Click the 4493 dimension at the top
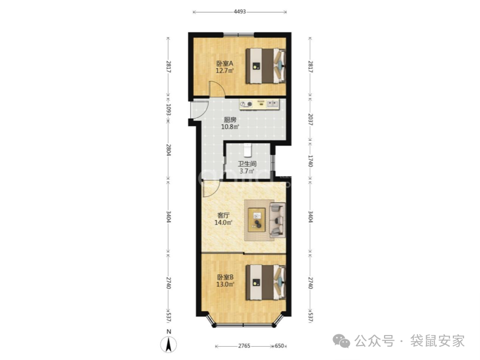coord(239,12)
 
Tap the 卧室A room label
coord(225,64)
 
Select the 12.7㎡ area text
coord(225,71)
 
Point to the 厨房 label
coord(230,119)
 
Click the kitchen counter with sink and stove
coord(259,104)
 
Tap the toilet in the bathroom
coord(247,150)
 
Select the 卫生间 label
coord(247,164)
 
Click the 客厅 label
coord(223,215)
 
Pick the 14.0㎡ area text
coord(223,222)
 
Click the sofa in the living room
coord(277,220)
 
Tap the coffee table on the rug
coord(257,220)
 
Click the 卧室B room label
coord(225,277)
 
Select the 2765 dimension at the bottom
coord(244,346)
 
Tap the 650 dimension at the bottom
coord(279,346)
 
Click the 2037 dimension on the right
coord(310,119)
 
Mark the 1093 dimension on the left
coord(168,110)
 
